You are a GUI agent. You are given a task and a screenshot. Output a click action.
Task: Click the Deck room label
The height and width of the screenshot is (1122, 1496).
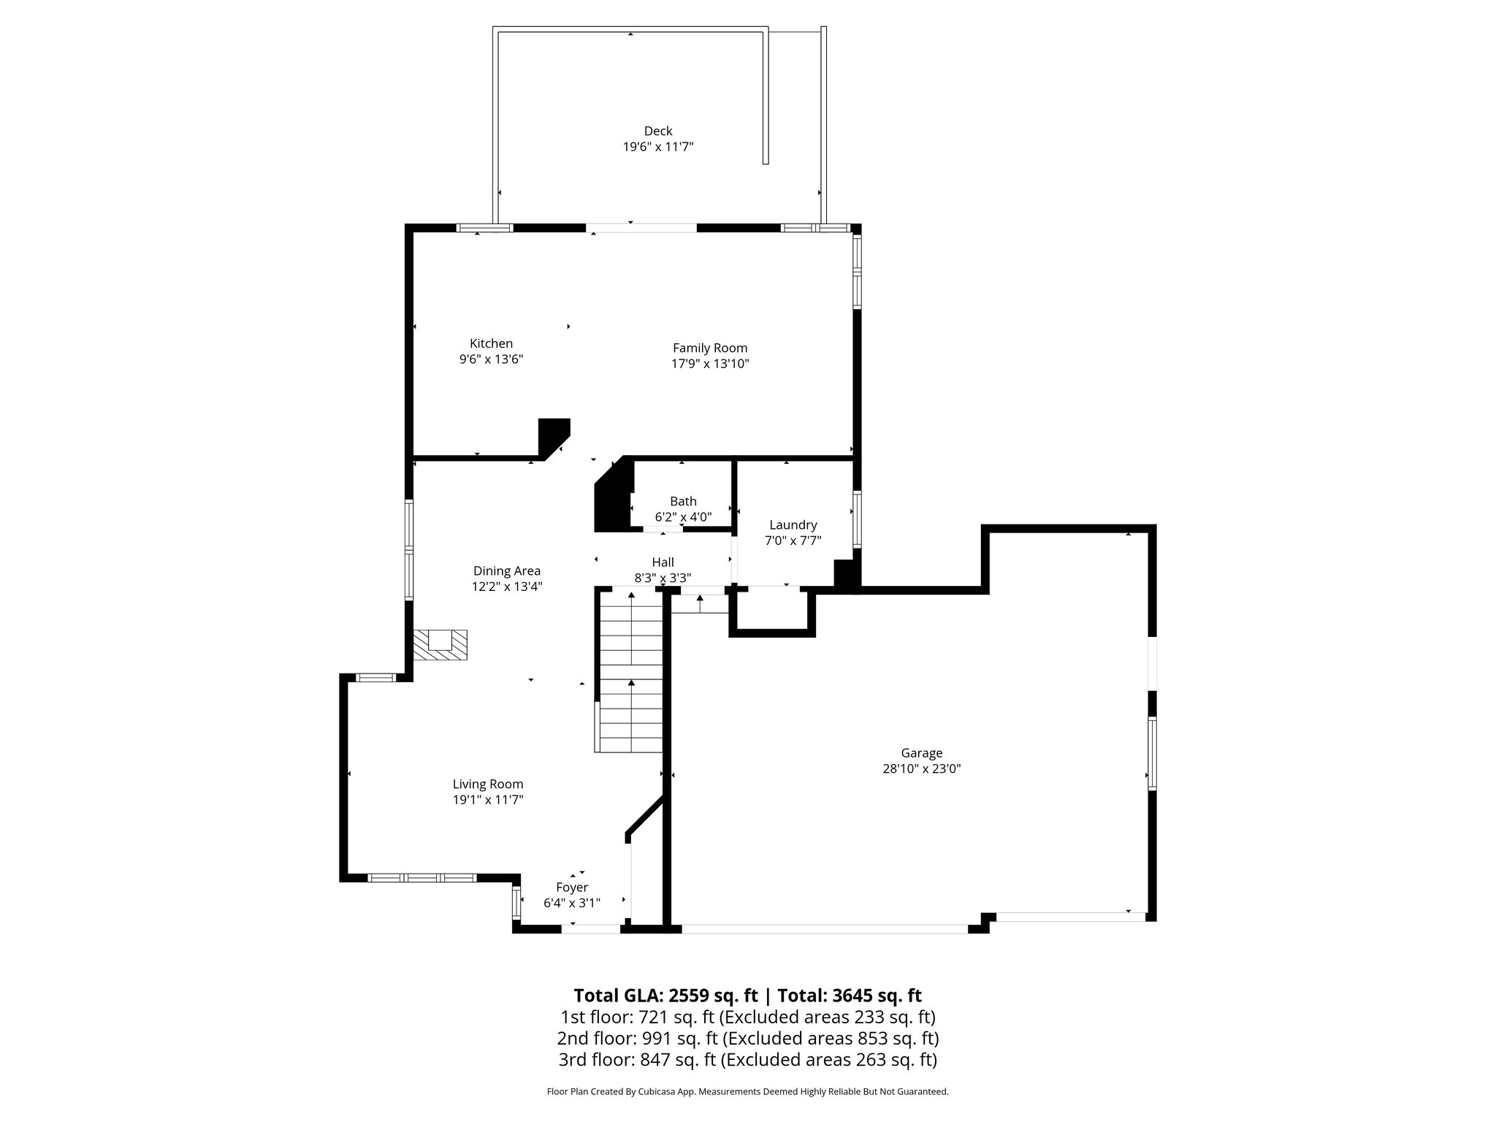pos(657,131)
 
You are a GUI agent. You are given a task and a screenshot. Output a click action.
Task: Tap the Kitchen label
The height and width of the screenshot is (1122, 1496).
pos(491,343)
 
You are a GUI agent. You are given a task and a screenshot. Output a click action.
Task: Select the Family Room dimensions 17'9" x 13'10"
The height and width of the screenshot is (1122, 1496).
pos(710,364)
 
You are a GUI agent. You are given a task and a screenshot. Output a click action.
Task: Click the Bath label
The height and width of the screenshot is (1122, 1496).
pos(683,501)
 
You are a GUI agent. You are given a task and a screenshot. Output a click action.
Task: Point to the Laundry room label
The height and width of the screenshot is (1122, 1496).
pos(793,524)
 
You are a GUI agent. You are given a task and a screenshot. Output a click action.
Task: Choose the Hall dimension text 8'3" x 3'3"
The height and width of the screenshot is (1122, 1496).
pos(663,578)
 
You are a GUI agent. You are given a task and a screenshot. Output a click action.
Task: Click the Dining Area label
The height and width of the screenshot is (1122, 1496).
pos(507,570)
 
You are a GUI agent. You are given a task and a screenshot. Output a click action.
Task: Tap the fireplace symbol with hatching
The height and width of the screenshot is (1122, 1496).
pos(440,646)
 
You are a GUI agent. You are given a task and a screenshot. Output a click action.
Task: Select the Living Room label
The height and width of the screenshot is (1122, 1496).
pos(488,784)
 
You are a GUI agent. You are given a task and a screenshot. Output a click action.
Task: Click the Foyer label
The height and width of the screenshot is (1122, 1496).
pos(572,887)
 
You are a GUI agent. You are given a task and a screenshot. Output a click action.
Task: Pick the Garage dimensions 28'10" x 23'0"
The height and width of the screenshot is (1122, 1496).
pos(921,768)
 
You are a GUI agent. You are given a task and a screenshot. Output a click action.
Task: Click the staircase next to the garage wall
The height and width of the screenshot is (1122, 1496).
pos(630,672)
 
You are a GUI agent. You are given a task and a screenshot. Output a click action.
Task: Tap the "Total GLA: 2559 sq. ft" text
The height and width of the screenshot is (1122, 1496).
pos(666,996)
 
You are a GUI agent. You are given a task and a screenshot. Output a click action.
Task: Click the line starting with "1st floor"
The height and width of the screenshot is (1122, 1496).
pos(747,1017)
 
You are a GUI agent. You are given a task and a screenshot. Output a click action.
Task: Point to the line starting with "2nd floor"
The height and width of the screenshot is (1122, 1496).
pos(747,1038)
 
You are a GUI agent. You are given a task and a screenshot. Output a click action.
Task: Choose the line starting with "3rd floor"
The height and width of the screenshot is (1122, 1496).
pos(747,1059)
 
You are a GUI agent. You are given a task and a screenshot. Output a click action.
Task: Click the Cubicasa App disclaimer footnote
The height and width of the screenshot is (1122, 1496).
pos(747,1092)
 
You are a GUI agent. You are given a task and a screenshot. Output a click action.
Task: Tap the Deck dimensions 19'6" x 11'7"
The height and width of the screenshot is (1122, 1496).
pos(657,147)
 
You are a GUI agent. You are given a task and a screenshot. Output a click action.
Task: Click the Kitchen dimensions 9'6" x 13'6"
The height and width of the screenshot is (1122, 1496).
pos(491,359)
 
